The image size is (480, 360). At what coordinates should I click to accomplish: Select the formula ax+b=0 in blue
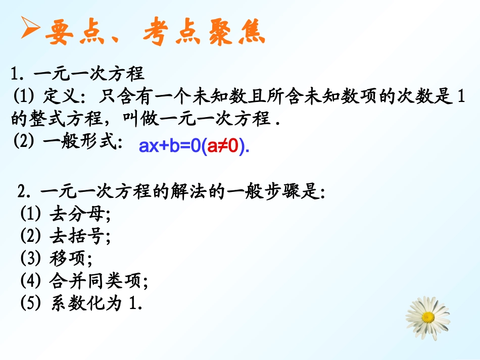coord(170,147)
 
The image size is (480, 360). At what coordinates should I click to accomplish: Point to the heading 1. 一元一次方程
coord(78,74)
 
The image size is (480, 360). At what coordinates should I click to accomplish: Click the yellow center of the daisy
coord(427,317)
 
